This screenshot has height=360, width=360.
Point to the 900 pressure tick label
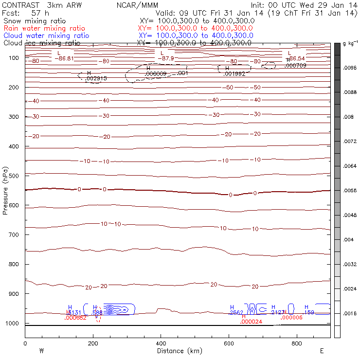[x=13, y=294]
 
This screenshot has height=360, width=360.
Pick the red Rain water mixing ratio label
[x=44, y=28]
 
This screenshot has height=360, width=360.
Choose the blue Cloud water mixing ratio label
[x=46, y=36]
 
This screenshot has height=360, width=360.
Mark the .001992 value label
[x=234, y=74]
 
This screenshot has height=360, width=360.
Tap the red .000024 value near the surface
[x=251, y=322]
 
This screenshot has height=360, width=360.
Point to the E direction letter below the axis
[x=322, y=351]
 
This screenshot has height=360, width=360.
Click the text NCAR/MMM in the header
[x=138, y=5]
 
